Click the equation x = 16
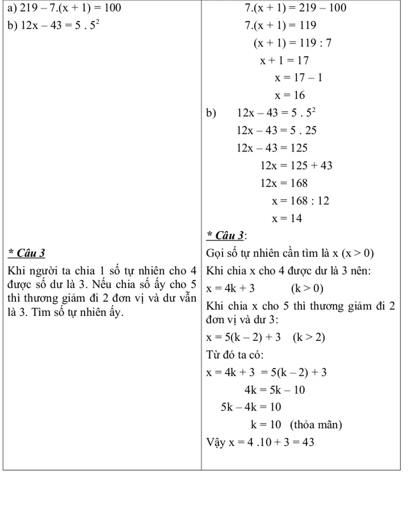pyautogui.click(x=290, y=95)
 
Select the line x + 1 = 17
pyautogui.click(x=285, y=60)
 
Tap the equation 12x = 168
pyautogui.click(x=284, y=183)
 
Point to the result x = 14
pyautogui.click(x=287, y=218)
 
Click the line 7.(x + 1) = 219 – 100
pyautogui.click(x=295, y=8)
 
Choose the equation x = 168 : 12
pyautogui.click(x=301, y=201)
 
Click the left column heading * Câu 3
pyautogui.click(x=27, y=253)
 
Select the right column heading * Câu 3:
pyautogui.click(x=226, y=235)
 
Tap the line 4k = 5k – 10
pyautogui.click(x=274, y=390)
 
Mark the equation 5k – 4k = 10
pyautogui.click(x=251, y=407)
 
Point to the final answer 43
pyautogui.click(x=308, y=442)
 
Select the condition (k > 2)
pyautogui.click(x=308, y=338)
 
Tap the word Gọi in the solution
pyautogui.click(x=215, y=253)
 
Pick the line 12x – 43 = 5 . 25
pyautogui.click(x=277, y=130)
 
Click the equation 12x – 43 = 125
pyautogui.click(x=272, y=148)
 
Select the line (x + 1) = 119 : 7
pyautogui.click(x=293, y=43)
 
